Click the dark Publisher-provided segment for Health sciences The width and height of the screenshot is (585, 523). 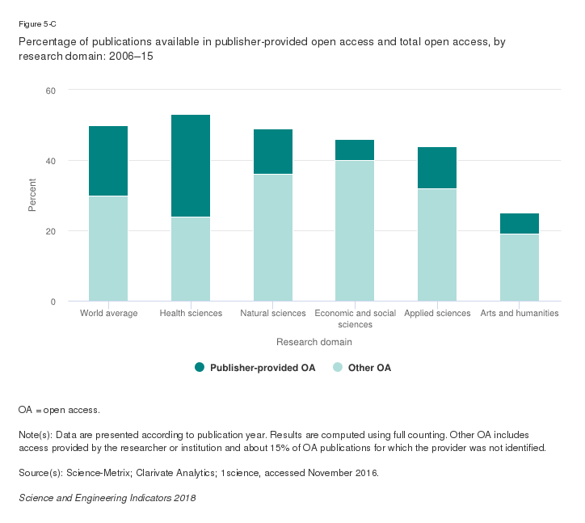[x=191, y=166]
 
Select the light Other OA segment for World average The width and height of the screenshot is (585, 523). [x=108, y=248]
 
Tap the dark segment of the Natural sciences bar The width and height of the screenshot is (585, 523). [x=273, y=151]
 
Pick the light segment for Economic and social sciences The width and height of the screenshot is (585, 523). [x=355, y=230]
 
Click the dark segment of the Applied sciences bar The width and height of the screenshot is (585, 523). [x=437, y=167]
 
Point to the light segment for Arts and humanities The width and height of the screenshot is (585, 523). [x=520, y=268]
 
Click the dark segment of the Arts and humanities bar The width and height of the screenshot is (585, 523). [x=520, y=223]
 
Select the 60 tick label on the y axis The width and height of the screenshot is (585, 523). [x=50, y=91]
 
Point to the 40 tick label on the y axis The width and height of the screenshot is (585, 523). [x=50, y=161]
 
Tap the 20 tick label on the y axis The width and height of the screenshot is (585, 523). [x=50, y=231]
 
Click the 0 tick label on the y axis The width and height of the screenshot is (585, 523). [x=53, y=302]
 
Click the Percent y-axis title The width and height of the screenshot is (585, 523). [x=32, y=196]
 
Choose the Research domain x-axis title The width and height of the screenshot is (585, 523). [x=314, y=342]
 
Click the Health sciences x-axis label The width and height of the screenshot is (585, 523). [x=191, y=314]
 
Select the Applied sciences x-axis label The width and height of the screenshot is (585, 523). [x=437, y=314]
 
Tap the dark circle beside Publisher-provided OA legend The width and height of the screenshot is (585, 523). [x=200, y=368]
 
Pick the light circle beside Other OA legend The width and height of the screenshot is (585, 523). [x=338, y=368]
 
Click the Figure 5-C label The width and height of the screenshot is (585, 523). [x=37, y=24]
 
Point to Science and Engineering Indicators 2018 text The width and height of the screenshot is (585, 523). [x=107, y=498]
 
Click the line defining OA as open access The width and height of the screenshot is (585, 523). [x=59, y=411]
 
